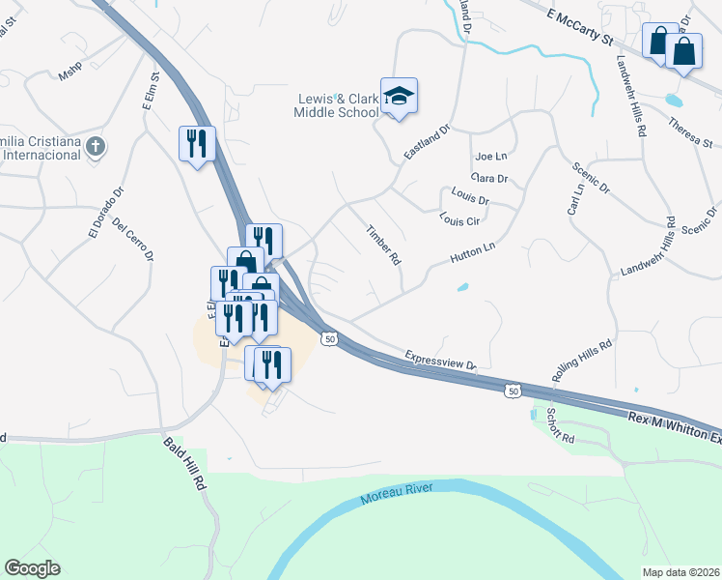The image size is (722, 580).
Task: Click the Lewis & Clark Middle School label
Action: [x=337, y=105]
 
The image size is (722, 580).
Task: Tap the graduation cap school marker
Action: [x=399, y=96]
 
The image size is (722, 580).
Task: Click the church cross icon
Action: [x=95, y=147]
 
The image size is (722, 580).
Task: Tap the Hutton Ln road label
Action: [x=472, y=254]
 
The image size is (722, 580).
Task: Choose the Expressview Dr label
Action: [x=441, y=360]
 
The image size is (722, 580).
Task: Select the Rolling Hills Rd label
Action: [x=582, y=358]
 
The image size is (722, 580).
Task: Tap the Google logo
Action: [x=32, y=568]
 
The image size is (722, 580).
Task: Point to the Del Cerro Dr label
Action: [x=133, y=239]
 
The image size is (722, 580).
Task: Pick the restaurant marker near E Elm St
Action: [x=197, y=144]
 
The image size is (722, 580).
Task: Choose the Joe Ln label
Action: [x=490, y=156]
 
